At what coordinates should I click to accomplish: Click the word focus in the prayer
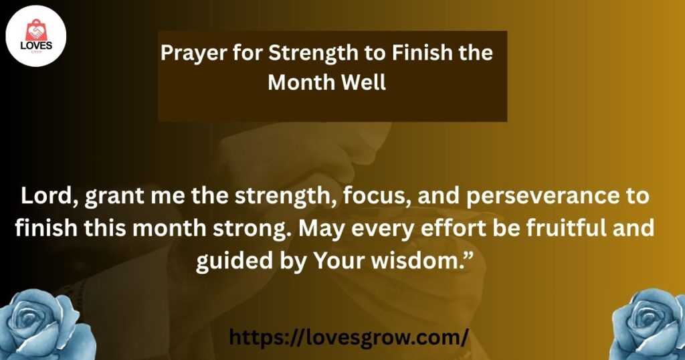click(377, 196)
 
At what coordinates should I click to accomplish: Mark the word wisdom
click(417, 261)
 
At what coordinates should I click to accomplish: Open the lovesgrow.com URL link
click(349, 337)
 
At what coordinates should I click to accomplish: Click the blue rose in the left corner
click(46, 325)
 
